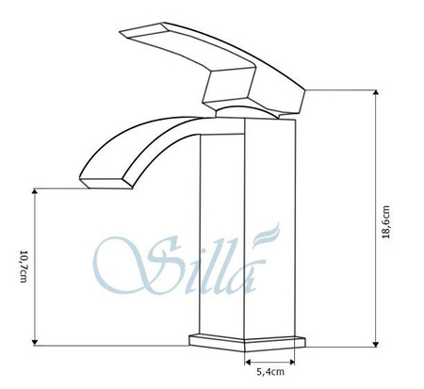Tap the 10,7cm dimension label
coord(22,267)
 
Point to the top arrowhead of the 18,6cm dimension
coord(377,92)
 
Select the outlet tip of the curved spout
coord(108,178)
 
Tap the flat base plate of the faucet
coord(249,339)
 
